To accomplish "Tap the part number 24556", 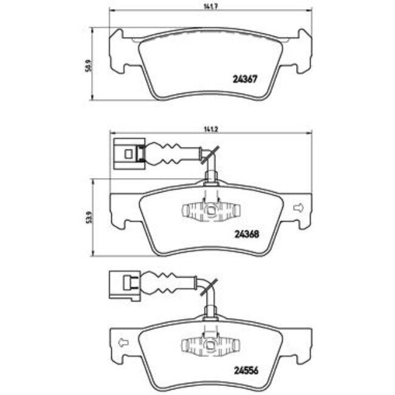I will point(247,366).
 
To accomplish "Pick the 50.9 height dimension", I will point(88,63).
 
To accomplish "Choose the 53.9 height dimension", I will point(88,216).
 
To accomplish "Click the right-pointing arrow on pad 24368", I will point(298,208).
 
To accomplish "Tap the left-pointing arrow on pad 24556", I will point(122,342).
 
